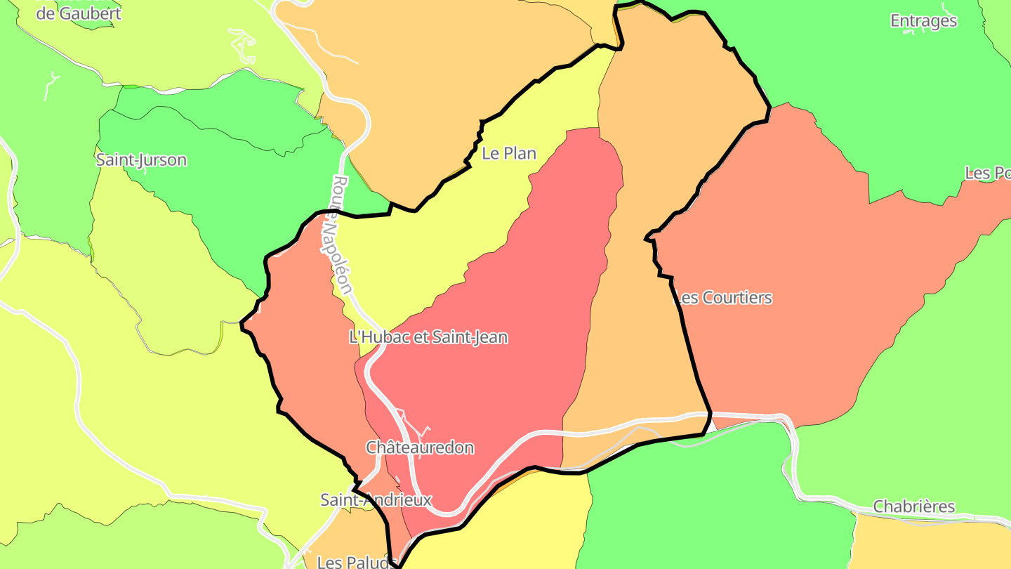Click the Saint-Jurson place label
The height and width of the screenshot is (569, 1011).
(x=141, y=160)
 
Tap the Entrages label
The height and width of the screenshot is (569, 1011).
(x=923, y=21)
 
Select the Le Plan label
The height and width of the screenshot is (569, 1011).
(x=509, y=153)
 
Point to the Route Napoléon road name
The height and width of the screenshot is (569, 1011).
(x=341, y=235)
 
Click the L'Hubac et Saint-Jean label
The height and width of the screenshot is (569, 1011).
(x=428, y=337)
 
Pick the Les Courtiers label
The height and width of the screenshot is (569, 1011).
(x=723, y=298)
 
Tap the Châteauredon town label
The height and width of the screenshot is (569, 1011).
(x=420, y=447)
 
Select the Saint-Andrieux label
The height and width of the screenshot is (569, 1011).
(x=376, y=500)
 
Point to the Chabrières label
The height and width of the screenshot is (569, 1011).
(x=914, y=506)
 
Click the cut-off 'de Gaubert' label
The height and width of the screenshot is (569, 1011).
(x=79, y=13)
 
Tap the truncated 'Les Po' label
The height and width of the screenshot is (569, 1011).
(x=987, y=173)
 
